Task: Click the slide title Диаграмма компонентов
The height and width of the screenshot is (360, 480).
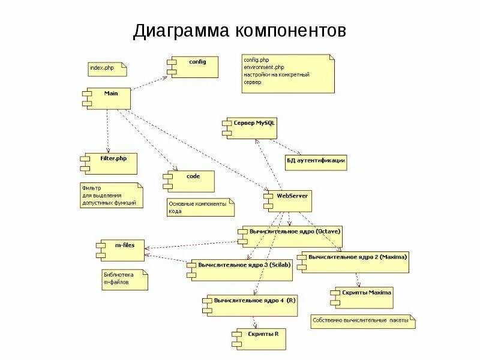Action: point(239,31)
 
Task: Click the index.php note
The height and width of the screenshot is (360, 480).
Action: point(107,69)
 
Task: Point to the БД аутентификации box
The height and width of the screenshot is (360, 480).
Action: point(316,161)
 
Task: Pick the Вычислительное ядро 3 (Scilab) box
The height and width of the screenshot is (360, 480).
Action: point(242,270)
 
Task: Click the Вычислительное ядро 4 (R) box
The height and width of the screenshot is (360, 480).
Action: point(250,305)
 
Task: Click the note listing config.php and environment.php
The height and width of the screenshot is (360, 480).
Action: point(287,73)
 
